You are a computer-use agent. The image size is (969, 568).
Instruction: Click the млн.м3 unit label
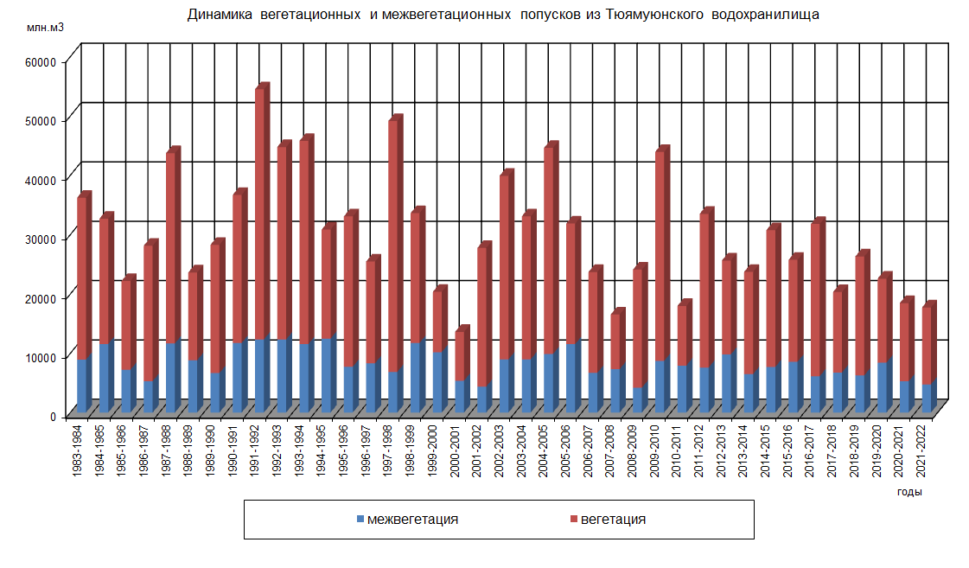pos(44,29)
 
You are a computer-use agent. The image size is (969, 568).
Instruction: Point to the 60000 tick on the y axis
pos(41,61)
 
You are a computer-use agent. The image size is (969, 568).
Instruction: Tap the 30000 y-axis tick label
pos(41,239)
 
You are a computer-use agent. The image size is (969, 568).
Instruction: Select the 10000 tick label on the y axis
pos(41,357)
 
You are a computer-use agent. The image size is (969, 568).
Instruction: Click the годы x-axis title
pos(908,492)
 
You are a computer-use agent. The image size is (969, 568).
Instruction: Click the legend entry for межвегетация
pos(406,520)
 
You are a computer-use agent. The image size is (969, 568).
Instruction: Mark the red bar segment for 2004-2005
pos(550,251)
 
